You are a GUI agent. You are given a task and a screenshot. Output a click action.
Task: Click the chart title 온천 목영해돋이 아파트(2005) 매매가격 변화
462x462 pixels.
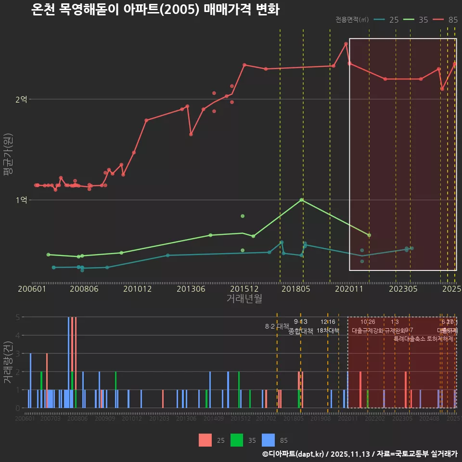pos(155,10)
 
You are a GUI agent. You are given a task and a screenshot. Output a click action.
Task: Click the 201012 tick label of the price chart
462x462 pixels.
pos(137,289)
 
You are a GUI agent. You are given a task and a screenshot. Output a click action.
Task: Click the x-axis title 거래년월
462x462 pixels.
pos(244,299)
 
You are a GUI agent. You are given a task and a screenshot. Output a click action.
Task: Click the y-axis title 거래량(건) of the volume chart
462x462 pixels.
pos(8,362)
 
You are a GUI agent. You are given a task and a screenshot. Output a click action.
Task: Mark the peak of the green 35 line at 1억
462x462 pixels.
pos(302,200)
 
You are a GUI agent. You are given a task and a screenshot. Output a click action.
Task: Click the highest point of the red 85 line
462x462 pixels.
pos(346,44)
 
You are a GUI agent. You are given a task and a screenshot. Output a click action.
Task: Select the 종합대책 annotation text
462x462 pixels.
pos(301,331)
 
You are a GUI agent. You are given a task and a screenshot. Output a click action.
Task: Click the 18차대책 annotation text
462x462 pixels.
pos(328,331)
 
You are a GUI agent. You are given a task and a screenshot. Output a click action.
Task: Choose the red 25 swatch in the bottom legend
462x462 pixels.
pos(205,440)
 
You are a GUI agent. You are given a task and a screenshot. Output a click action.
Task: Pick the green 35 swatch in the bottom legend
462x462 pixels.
pos(237,440)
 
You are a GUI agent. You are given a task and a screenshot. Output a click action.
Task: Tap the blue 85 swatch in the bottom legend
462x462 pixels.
pos(269,440)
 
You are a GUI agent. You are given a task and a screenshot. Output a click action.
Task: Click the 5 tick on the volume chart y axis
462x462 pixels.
pos(17,317)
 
